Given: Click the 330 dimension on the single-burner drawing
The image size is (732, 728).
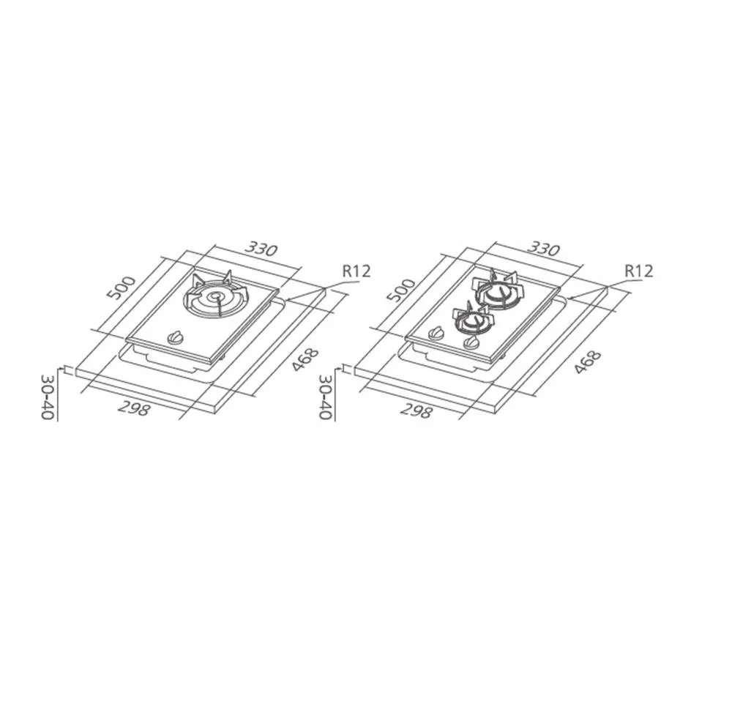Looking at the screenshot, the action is click(x=261, y=249).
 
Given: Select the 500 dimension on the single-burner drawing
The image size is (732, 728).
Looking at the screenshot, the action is click(x=121, y=288).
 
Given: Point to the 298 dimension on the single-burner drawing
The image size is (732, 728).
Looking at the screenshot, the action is click(x=133, y=408).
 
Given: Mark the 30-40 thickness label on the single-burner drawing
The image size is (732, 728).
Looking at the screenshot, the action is click(x=48, y=396).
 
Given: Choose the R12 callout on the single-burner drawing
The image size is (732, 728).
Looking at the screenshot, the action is click(x=356, y=271).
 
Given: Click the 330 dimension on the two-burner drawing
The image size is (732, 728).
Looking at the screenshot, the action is click(x=543, y=249).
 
